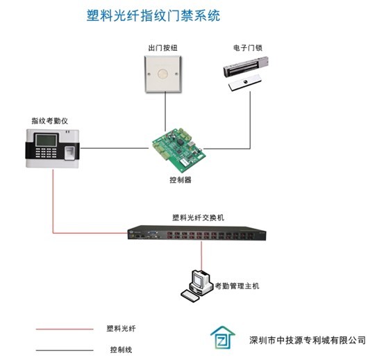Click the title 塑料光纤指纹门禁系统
click(x=153, y=16)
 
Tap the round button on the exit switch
click(x=162, y=74)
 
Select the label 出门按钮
click(x=162, y=48)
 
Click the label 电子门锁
click(x=248, y=48)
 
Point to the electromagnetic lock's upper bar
click(x=246, y=67)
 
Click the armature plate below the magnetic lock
click(x=245, y=82)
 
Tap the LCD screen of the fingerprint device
click(x=46, y=140)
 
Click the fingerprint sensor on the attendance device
click(x=70, y=153)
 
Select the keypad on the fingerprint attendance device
click(x=46, y=153)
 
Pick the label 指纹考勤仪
click(x=50, y=121)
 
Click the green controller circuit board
click(x=179, y=150)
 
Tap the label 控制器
click(x=181, y=180)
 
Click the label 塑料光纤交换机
click(x=199, y=218)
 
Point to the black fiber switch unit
click(x=196, y=233)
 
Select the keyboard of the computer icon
click(x=190, y=296)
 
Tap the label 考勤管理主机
click(x=237, y=286)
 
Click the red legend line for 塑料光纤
click(x=65, y=329)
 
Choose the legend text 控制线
click(x=121, y=350)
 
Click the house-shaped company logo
click(x=222, y=337)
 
